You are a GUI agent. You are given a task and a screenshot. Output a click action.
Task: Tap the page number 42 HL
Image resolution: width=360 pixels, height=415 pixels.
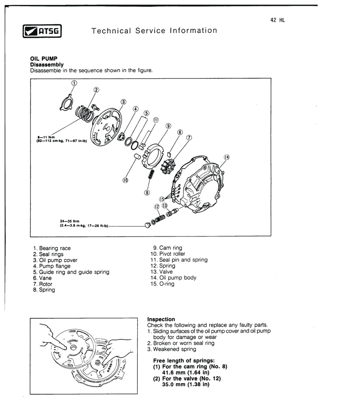click(278, 20)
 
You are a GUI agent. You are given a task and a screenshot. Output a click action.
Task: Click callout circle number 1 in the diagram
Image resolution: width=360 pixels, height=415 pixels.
click(74, 83)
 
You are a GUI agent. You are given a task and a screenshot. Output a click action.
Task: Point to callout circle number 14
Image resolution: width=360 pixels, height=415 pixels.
click(226, 157)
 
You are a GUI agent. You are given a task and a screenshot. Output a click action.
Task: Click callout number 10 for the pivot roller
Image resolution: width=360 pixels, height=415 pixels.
click(125, 180)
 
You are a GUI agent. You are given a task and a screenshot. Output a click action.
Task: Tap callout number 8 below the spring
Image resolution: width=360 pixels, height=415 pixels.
click(147, 193)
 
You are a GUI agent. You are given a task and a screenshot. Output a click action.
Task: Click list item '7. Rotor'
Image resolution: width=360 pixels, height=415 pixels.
click(43, 284)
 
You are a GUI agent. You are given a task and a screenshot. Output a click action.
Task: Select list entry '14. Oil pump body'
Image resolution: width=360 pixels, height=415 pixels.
click(173, 278)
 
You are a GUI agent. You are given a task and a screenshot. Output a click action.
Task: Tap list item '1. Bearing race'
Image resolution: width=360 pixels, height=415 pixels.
click(52, 248)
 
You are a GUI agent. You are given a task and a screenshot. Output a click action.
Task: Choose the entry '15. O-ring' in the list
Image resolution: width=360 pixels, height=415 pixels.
click(162, 284)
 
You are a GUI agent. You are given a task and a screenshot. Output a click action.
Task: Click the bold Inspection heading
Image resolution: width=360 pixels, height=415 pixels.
click(161, 319)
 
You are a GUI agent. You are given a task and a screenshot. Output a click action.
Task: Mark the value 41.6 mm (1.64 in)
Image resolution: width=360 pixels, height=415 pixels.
click(186, 373)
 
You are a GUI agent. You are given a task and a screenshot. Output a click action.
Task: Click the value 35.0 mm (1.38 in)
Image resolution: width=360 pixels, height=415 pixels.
click(186, 384)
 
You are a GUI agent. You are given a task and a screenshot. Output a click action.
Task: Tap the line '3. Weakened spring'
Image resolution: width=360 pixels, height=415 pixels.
click(171, 349)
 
